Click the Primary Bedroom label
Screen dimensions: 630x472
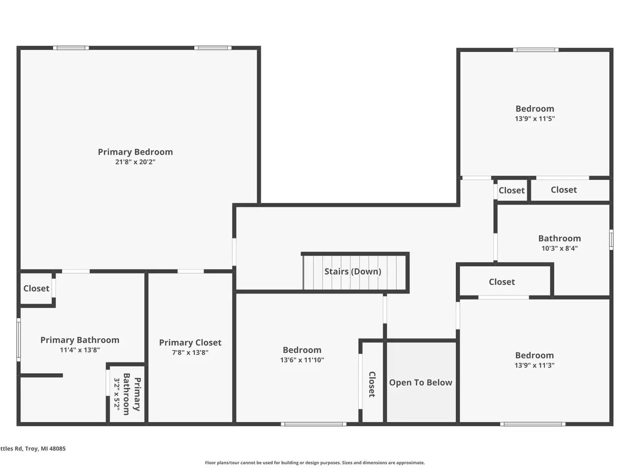[135, 152]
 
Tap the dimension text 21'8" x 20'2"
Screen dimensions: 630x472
[135, 162]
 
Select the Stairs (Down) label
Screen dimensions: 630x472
[353, 271]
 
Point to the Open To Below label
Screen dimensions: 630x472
[420, 383]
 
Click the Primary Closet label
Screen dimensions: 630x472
[190, 343]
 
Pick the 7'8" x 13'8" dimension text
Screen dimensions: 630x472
[190, 353]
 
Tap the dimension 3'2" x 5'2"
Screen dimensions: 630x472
[117, 394]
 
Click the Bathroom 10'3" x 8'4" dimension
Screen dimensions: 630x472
[560, 248]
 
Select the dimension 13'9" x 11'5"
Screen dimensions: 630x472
[535, 118]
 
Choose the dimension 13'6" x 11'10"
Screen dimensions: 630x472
[302, 360]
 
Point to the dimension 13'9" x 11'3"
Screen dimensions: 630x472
[535, 365]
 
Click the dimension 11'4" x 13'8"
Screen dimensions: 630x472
[80, 350]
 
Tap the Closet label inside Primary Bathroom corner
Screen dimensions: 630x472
[36, 288]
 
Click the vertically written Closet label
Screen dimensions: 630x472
[372, 384]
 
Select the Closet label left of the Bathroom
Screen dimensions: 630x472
[502, 282]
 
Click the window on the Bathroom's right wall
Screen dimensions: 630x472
[611, 239]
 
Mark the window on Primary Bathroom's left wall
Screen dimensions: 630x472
[19, 340]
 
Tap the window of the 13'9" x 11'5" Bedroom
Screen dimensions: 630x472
[535, 50]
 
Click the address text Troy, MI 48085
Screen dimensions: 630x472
[45, 448]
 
